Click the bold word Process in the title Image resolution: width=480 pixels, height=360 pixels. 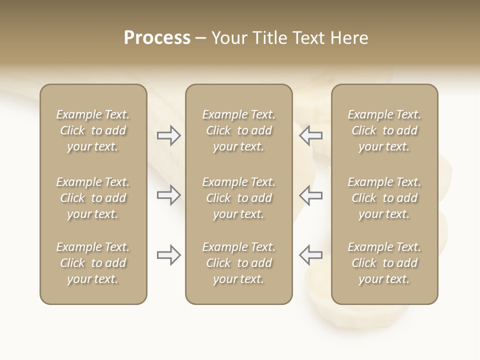157,38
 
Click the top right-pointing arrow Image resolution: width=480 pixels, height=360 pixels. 168,135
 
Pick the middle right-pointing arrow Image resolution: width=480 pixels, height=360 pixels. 168,195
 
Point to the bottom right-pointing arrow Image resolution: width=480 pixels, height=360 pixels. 168,255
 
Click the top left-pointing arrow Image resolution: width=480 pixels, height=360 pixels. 310,135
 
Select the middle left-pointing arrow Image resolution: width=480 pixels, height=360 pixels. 310,195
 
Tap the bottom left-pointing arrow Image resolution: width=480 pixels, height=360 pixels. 310,255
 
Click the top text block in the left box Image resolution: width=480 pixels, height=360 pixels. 93,130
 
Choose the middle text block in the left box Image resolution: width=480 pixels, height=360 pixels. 93,198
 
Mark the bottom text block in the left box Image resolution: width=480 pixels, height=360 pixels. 93,263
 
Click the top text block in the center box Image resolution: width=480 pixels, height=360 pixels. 238,130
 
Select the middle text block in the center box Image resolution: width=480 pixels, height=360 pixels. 238,198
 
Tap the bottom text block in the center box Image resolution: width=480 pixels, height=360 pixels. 238,263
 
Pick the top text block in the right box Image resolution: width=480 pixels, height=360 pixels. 384,130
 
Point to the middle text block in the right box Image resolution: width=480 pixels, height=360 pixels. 384,198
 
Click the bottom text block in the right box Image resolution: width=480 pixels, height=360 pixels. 384,263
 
